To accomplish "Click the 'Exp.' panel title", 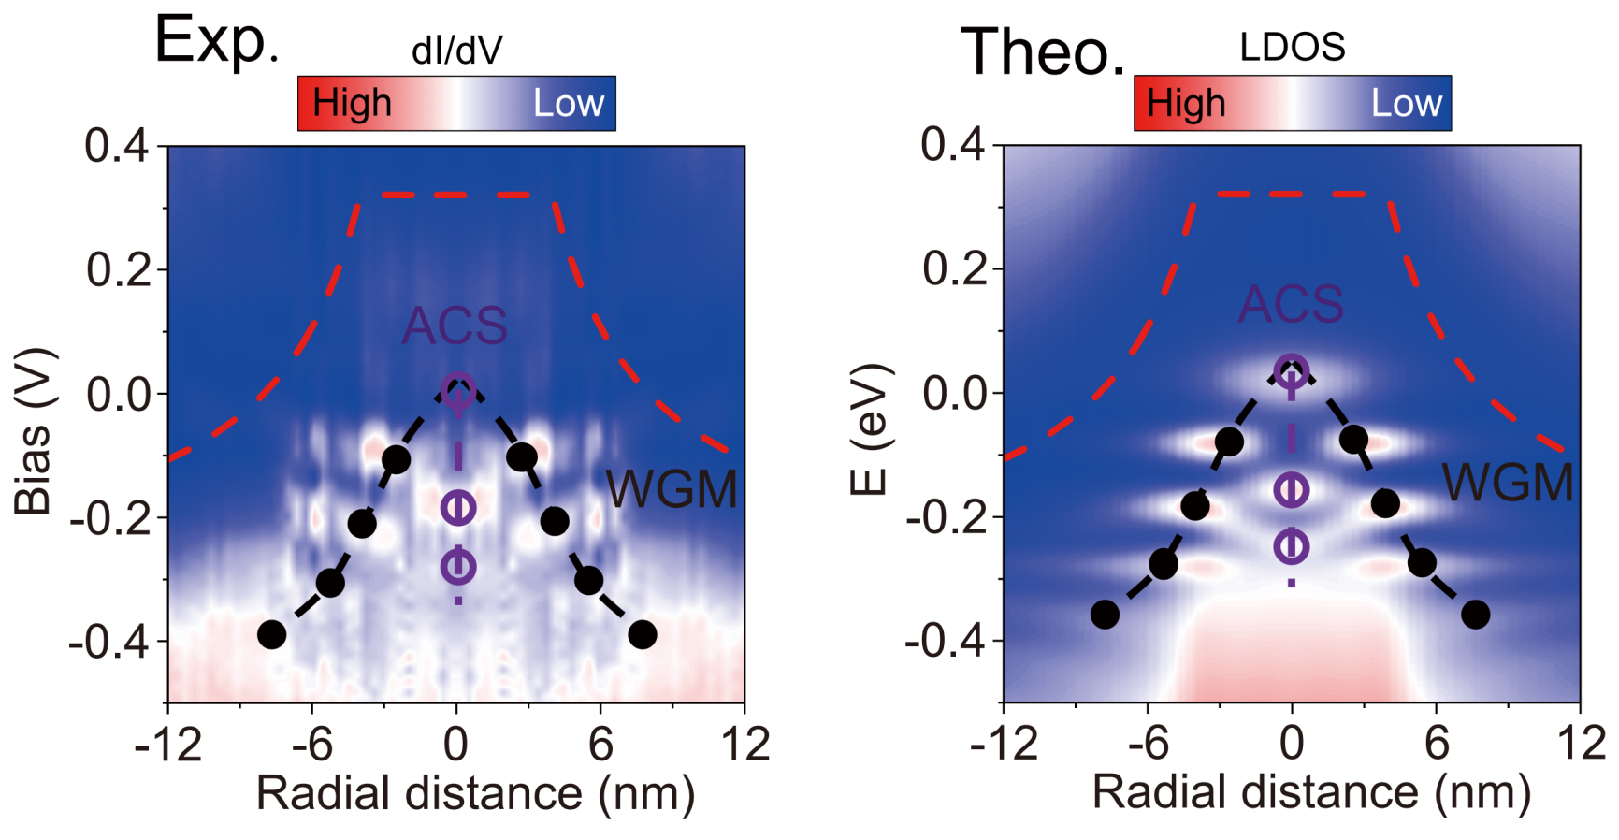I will (216, 41).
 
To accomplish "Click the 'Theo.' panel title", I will (1043, 52).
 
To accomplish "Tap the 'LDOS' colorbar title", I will (1292, 47).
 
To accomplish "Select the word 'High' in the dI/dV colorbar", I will (352, 103).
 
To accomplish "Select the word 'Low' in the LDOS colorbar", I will (1406, 103).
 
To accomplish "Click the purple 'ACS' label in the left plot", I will (455, 326).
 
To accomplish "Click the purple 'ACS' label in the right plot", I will (1291, 304).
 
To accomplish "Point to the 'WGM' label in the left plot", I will (672, 489).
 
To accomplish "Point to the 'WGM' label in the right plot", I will (1507, 483).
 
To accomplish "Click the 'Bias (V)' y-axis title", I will (34, 432).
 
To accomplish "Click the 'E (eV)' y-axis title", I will (869, 429).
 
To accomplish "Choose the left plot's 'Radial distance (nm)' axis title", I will (475, 793).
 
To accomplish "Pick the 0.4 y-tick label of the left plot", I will (116, 146).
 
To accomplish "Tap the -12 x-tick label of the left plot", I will (167, 745).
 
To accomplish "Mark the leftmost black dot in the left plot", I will (271, 635).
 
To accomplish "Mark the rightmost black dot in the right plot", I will (1475, 615).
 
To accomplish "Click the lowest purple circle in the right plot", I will (1292, 546).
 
